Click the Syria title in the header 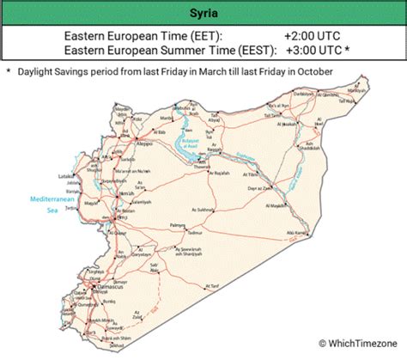click(x=203, y=14)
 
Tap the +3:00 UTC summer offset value click(x=313, y=51)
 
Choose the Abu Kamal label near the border click(x=297, y=233)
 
